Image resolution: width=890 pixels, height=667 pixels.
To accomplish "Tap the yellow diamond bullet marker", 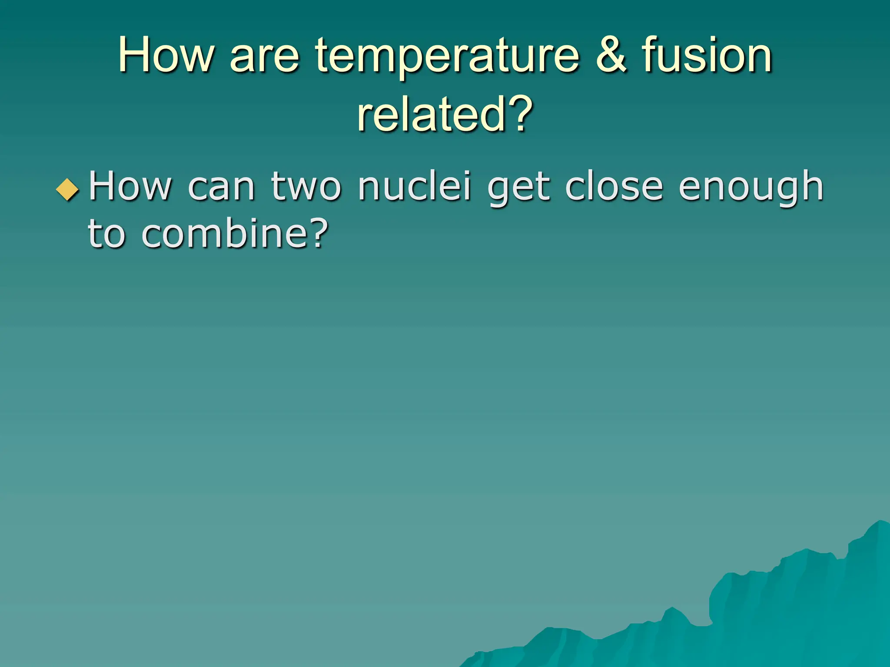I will [x=68, y=190].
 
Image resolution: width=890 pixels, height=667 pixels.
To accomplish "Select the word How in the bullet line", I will [x=130, y=186].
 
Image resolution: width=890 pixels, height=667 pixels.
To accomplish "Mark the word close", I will [x=614, y=186].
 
